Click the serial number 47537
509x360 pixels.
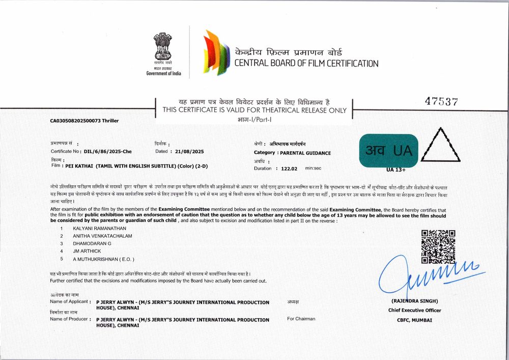(x=441, y=101)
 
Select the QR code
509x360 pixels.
(x=438, y=247)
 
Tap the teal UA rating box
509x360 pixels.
(x=388, y=150)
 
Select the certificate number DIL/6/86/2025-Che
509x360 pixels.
(x=108, y=152)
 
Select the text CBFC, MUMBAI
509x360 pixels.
(x=415, y=320)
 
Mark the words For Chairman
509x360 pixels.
(x=301, y=319)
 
